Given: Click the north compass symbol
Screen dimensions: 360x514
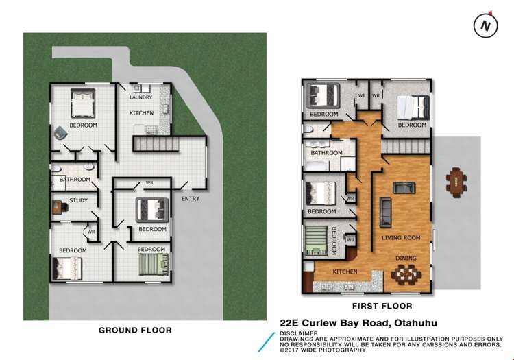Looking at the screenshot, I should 485,26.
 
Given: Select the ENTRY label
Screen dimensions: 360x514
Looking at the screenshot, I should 191,199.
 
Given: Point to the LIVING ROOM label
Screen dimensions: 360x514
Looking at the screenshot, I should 401,237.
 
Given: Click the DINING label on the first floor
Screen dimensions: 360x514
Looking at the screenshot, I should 405,259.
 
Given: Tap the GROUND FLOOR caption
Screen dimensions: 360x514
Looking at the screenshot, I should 135,330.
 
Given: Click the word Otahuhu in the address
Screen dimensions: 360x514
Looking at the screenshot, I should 414,322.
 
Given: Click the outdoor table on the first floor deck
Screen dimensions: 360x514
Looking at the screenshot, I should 456,181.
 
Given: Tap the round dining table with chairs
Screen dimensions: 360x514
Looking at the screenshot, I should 406,274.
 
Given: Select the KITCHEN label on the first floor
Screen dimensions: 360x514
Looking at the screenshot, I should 345,272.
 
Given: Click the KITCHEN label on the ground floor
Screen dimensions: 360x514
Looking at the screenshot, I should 142,112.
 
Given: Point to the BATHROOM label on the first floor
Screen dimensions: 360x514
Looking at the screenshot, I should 326,153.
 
